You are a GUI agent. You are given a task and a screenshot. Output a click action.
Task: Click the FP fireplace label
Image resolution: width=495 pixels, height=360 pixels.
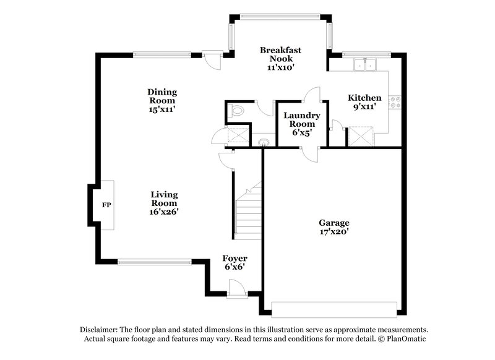pos(106,205)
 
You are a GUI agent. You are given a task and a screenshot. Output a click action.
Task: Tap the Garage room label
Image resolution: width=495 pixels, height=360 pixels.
pos(334,223)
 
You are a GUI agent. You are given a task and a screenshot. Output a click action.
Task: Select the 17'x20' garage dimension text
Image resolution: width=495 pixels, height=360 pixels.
pos(334,232)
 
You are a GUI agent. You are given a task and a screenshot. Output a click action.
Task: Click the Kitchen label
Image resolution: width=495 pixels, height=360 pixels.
pos(364,98)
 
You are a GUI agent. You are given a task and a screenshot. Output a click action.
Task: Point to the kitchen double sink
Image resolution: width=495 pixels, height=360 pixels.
pos(366,64)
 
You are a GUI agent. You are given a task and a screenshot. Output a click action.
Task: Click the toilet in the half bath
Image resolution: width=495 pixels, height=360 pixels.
pos(236,112)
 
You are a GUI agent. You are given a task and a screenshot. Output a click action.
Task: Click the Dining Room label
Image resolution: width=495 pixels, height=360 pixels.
pos(161,96)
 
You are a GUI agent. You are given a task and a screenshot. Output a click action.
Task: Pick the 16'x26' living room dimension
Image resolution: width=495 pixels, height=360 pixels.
pos(164,212)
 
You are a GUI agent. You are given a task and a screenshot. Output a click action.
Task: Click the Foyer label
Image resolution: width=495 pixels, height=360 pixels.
pos(235,259)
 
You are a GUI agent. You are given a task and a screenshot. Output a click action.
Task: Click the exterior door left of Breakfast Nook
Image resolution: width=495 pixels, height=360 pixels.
pos(212,59)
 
